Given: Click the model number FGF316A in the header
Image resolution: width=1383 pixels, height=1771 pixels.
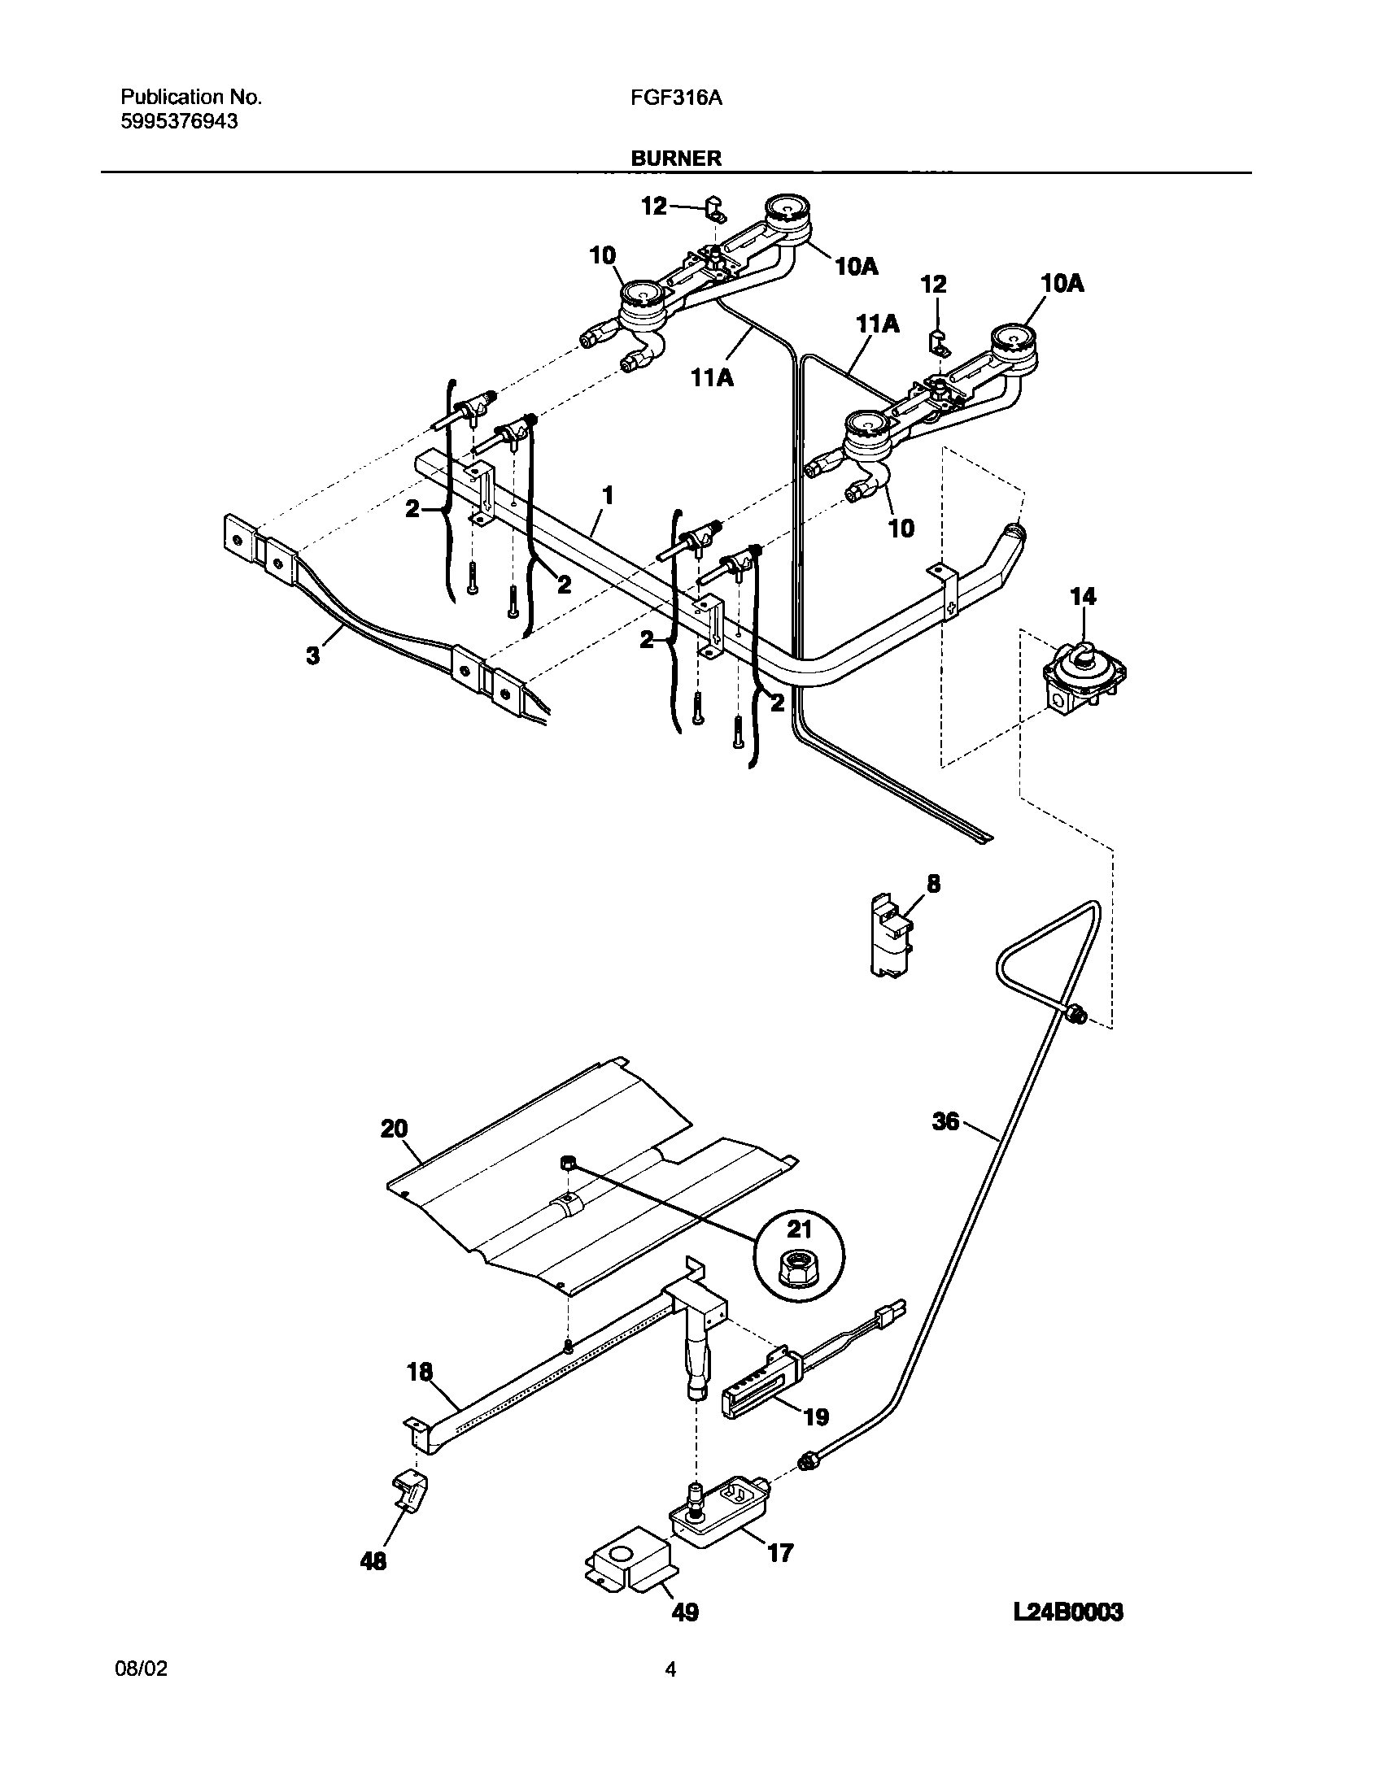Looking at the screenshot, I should coord(677,98).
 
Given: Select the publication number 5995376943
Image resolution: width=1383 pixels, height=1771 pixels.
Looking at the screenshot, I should coord(179,122).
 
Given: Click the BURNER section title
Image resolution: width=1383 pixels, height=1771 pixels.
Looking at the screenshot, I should coord(676,159).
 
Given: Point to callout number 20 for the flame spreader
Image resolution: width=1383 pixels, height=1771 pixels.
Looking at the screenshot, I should coord(395,1129).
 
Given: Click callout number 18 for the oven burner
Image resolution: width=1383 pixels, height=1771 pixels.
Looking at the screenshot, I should coord(420,1373).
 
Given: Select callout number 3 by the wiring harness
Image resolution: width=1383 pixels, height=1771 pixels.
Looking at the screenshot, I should coord(313,655).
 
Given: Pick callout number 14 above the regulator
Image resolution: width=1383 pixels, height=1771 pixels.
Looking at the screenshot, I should coord(1083,597).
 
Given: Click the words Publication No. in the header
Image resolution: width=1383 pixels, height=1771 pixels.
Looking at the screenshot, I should coord(191,98).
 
